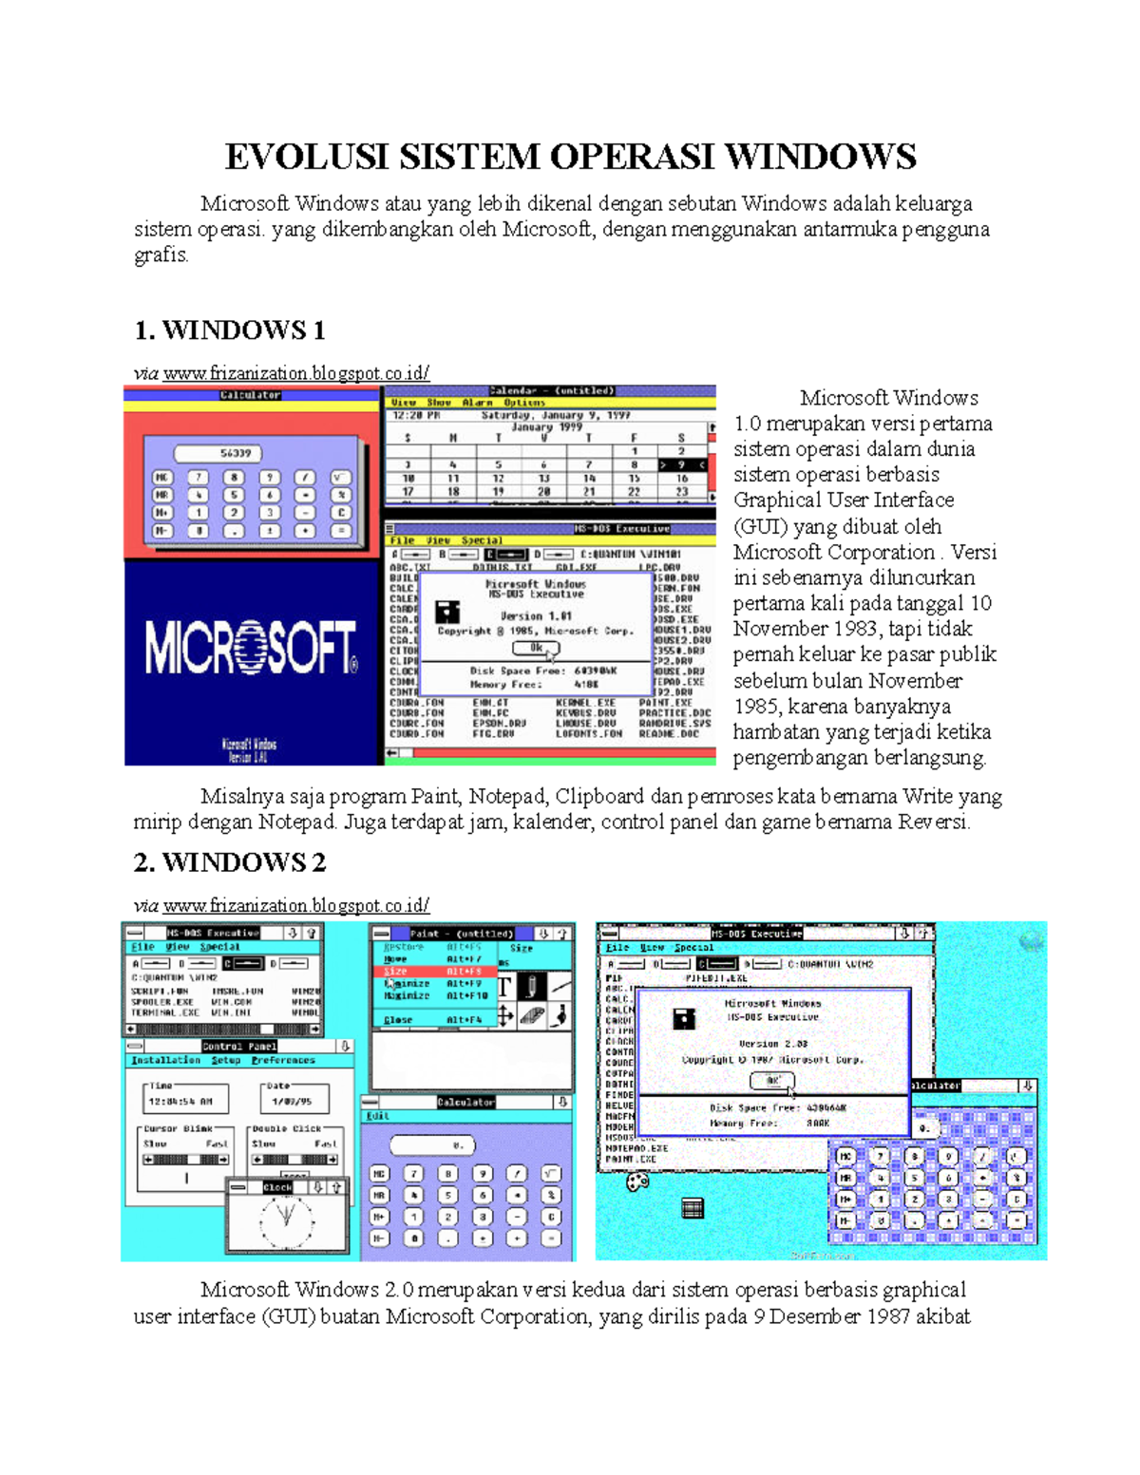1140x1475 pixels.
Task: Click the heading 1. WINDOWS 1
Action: pos(229,331)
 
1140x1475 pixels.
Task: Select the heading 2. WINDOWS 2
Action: pos(229,862)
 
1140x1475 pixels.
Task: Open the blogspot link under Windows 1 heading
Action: pos(295,373)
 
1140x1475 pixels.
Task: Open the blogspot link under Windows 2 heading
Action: pos(295,905)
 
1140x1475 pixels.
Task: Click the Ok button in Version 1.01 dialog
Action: pos(536,648)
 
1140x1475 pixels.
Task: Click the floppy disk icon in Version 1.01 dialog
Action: pos(447,611)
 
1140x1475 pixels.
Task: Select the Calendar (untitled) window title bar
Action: pos(551,390)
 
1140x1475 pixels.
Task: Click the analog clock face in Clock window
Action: pos(286,1220)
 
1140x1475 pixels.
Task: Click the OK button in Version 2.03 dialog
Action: pos(772,1081)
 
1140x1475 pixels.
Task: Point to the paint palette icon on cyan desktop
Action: pos(637,1182)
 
